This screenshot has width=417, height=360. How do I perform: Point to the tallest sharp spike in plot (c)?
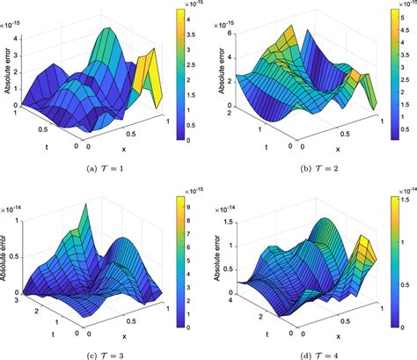pos(84,208)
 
